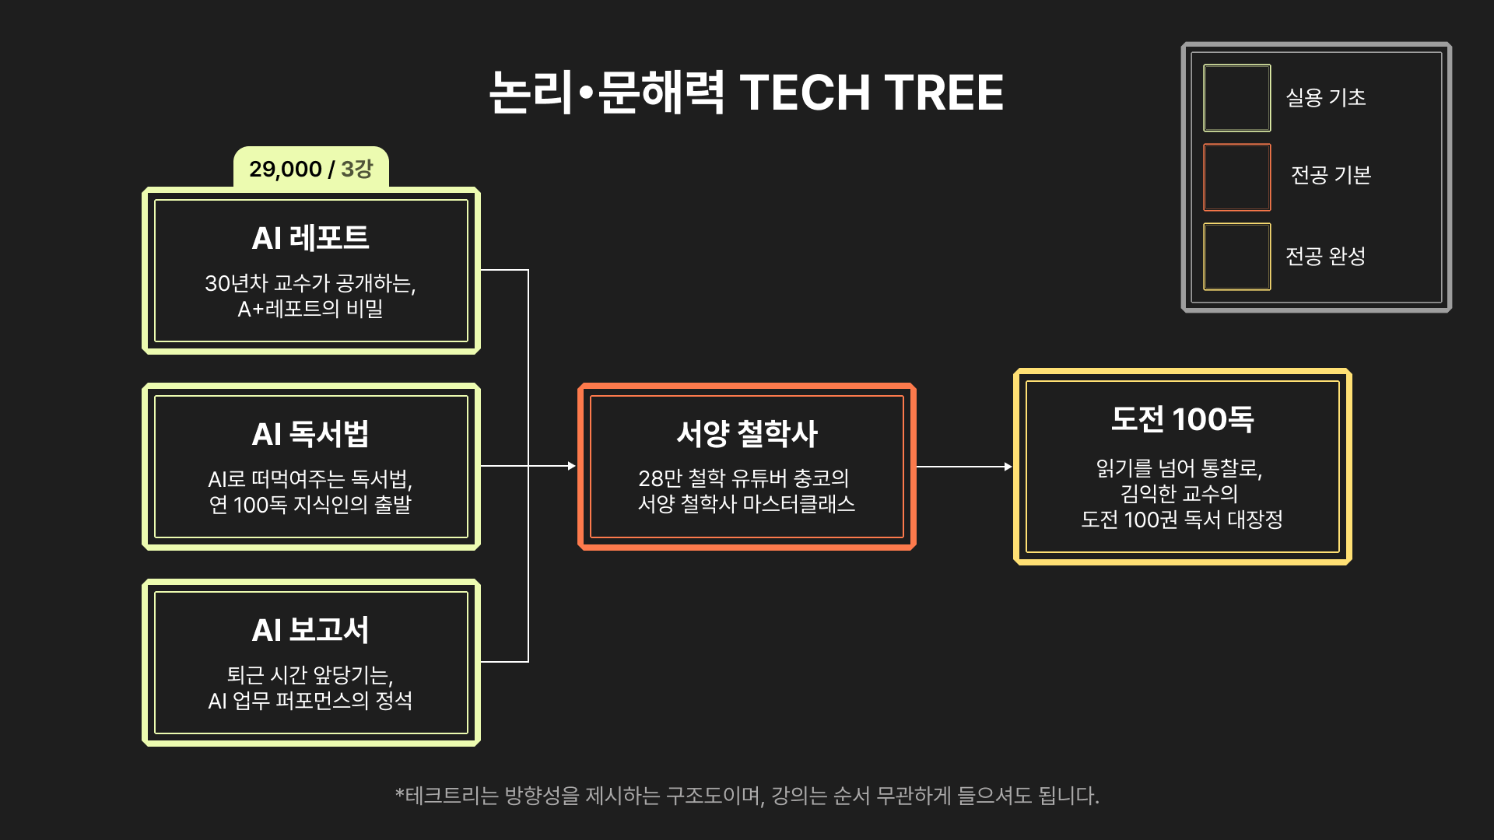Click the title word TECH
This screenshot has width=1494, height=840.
[805, 93]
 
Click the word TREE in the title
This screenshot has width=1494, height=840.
[944, 93]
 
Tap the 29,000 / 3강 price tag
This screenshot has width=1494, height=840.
[310, 168]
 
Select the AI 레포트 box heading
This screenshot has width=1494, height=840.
[310, 237]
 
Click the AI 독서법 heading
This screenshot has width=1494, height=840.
[310, 433]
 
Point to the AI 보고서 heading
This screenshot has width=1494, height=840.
[310, 629]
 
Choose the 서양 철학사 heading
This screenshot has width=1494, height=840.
[746, 433]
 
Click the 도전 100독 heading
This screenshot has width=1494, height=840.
[1182, 419]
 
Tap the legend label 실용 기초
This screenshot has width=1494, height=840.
[1326, 97]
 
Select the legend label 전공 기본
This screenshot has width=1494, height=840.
[1331, 175]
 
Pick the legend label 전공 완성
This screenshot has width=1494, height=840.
[1326, 256]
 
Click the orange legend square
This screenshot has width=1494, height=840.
[1236, 177]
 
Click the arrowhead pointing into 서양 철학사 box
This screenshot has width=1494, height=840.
[572, 466]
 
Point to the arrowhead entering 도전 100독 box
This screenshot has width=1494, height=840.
[1008, 467]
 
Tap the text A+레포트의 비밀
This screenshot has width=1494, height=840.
[310, 309]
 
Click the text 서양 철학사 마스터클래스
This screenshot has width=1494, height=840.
[746, 504]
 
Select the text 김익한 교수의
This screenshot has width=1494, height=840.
[1179, 493]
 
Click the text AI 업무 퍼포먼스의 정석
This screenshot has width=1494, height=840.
[310, 701]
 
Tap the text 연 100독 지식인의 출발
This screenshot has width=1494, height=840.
[310, 505]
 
